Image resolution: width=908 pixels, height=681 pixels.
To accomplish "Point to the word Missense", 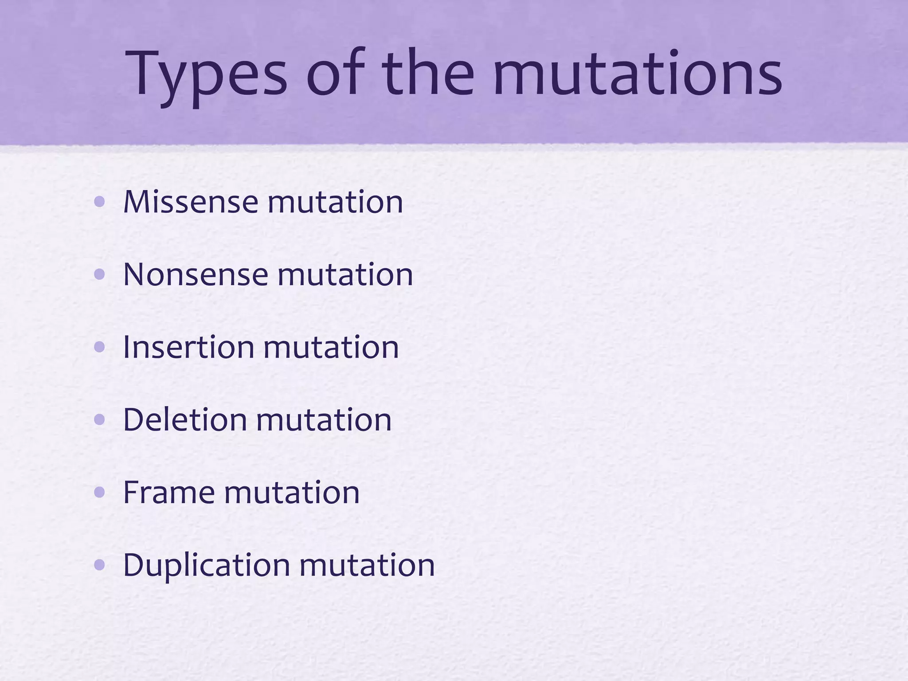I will (x=191, y=202).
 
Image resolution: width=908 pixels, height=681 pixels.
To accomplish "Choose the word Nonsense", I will (x=196, y=274).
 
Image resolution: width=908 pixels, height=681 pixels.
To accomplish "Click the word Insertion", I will (x=188, y=347).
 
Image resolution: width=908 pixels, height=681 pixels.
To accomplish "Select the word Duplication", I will (x=207, y=566).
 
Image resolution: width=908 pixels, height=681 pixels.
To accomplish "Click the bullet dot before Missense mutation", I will (x=100, y=203).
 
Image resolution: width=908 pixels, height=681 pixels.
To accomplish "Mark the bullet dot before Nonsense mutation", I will (x=100, y=275).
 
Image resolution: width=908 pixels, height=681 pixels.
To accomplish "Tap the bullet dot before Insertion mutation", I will (x=100, y=348).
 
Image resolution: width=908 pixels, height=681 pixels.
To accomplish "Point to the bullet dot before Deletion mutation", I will (x=100, y=420).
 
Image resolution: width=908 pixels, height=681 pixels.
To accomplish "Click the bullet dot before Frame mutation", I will (x=100, y=493).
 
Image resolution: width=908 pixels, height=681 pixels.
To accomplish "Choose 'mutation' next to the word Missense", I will (x=335, y=202).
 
